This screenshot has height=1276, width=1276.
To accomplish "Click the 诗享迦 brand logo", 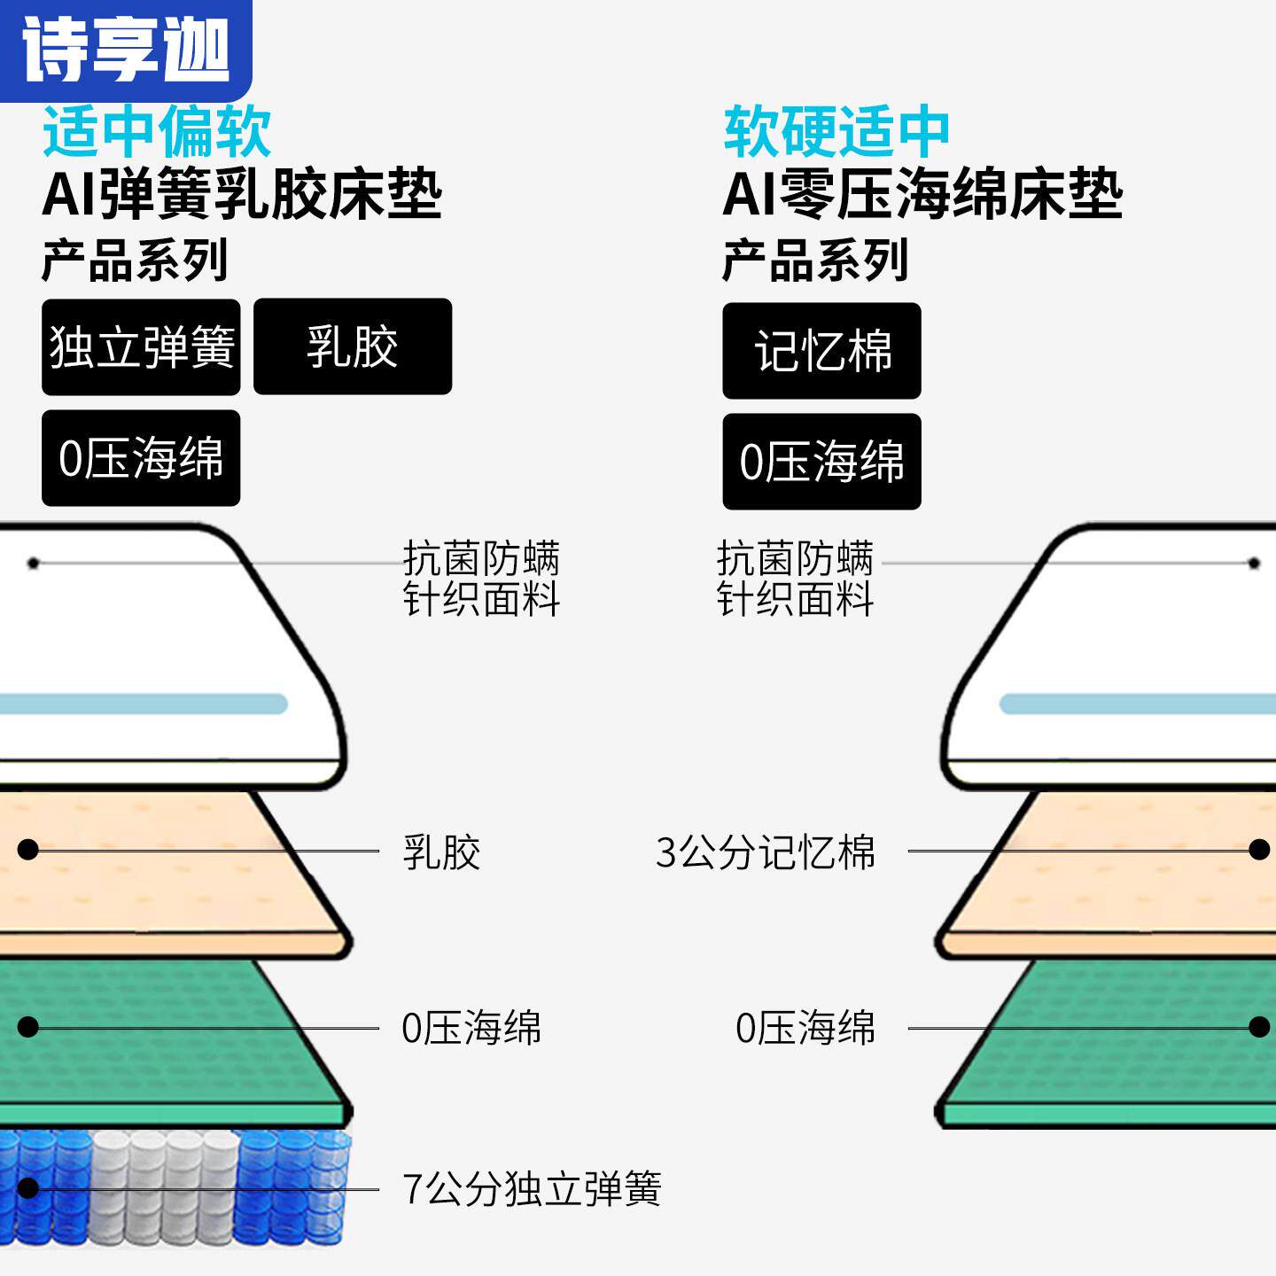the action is [125, 49].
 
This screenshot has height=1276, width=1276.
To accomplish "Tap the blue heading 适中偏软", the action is [157, 132].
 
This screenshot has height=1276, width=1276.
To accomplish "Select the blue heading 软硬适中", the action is [836, 132].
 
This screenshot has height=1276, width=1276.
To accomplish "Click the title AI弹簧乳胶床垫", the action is [242, 194].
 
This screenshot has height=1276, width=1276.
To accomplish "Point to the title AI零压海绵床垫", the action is [922, 194].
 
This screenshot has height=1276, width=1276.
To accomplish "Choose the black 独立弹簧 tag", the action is [141, 346].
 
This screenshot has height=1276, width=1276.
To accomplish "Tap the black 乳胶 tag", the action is [353, 346].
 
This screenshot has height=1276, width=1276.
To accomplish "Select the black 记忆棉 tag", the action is [821, 351].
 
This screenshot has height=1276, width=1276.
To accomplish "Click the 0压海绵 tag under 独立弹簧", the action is [141, 458].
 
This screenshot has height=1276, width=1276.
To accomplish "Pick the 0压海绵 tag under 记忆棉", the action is [821, 462].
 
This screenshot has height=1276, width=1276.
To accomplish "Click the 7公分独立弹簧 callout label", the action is [532, 1188].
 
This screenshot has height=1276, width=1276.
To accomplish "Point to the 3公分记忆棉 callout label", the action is [766, 852].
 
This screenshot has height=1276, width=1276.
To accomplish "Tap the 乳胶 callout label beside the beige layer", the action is [441, 852].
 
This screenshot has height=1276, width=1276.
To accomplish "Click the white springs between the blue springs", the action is [164, 1187].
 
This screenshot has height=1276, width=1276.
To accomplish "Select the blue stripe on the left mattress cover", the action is [142, 704].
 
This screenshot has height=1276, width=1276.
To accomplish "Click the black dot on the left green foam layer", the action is [28, 1027].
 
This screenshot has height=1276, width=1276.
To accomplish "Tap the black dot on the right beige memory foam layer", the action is [1258, 850].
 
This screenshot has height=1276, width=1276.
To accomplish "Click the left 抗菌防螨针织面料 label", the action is [481, 579].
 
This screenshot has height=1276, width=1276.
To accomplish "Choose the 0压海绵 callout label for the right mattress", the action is [805, 1029].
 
